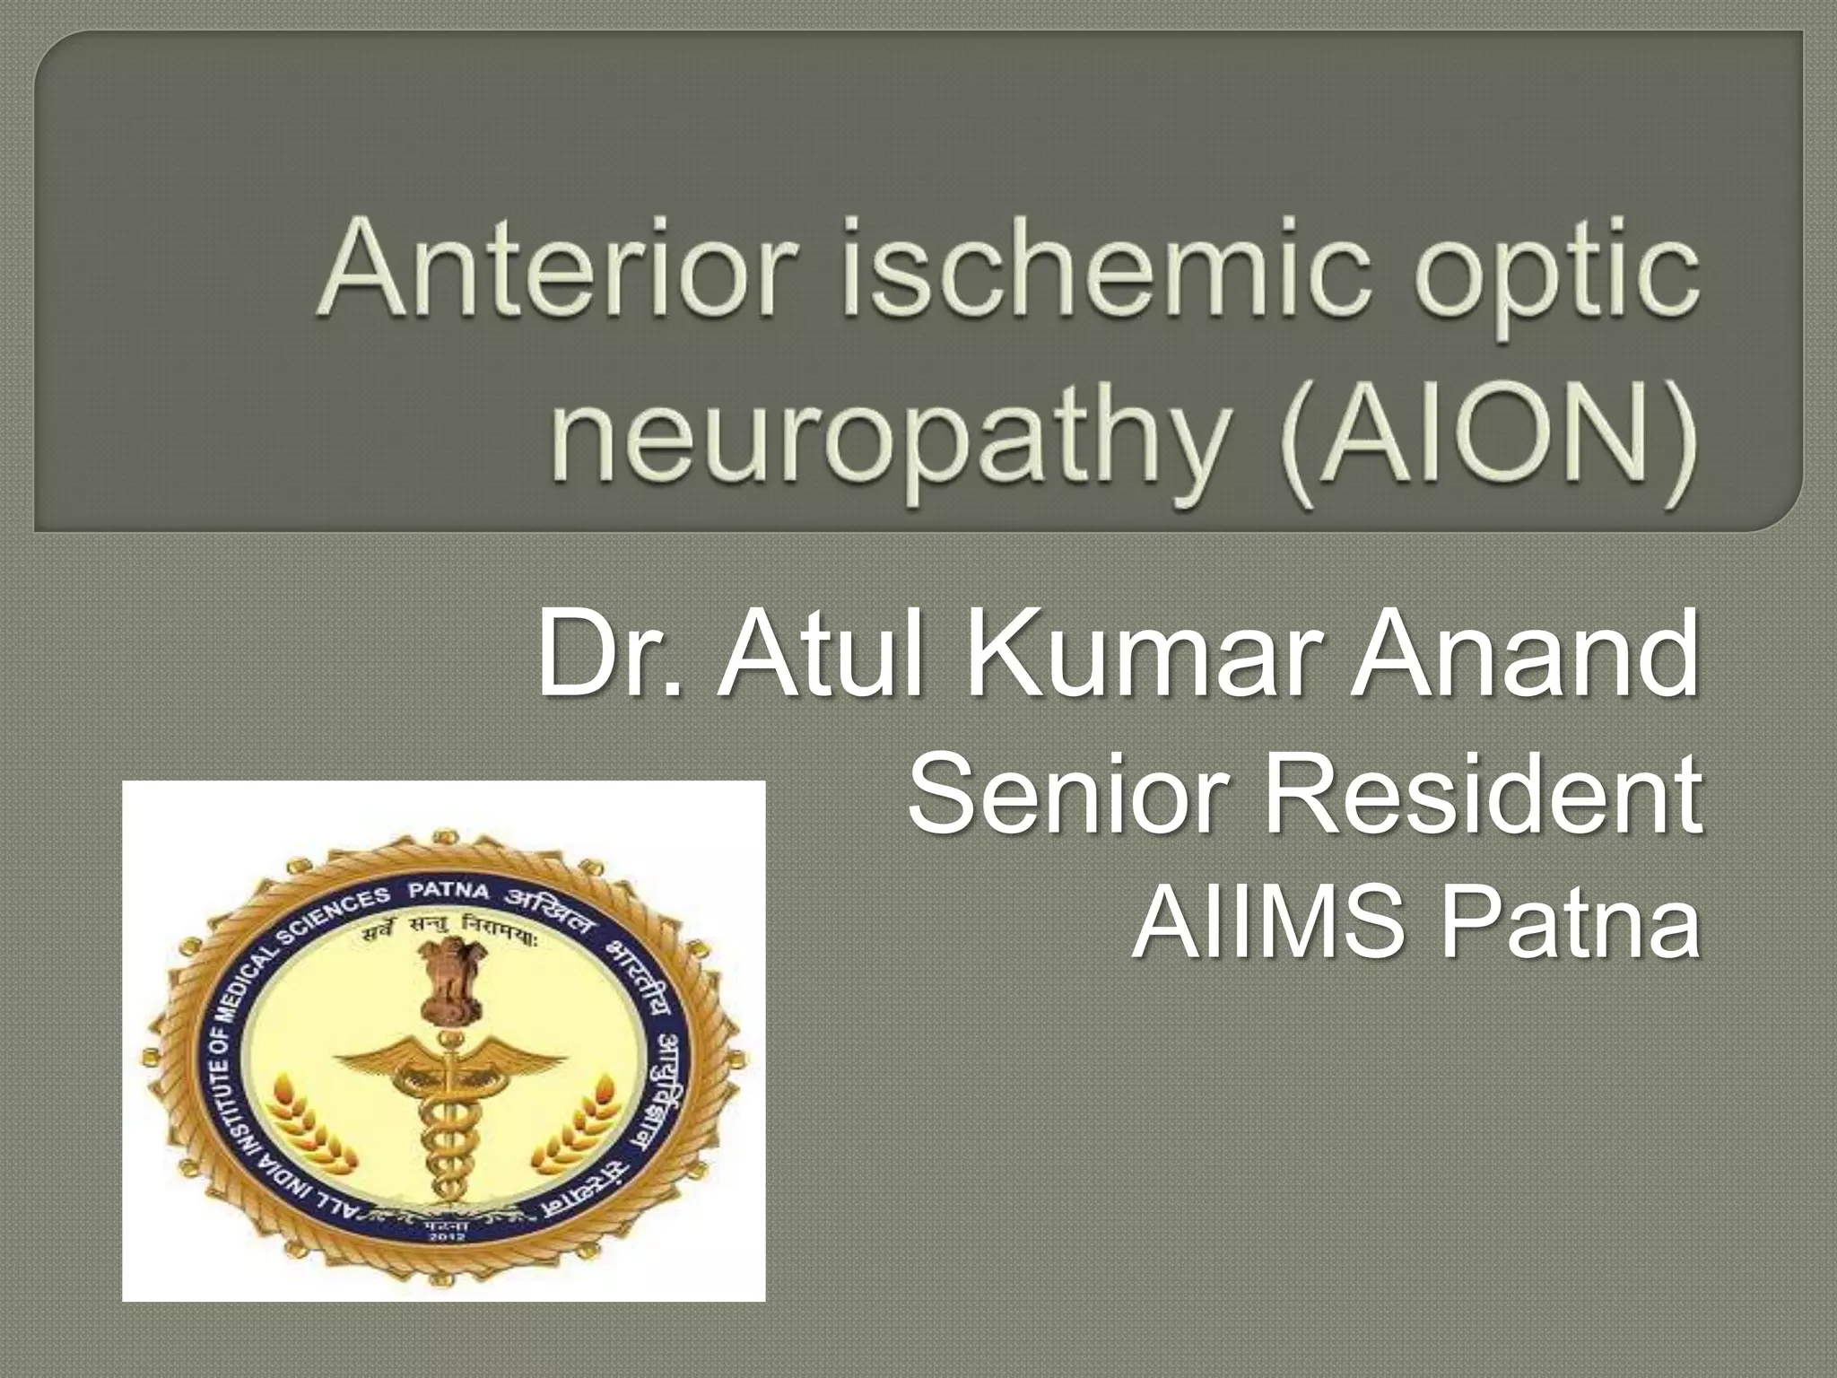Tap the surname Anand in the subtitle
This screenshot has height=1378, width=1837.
pyautogui.click(x=1525, y=654)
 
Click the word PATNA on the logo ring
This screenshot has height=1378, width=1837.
pyautogui.click(x=448, y=891)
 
